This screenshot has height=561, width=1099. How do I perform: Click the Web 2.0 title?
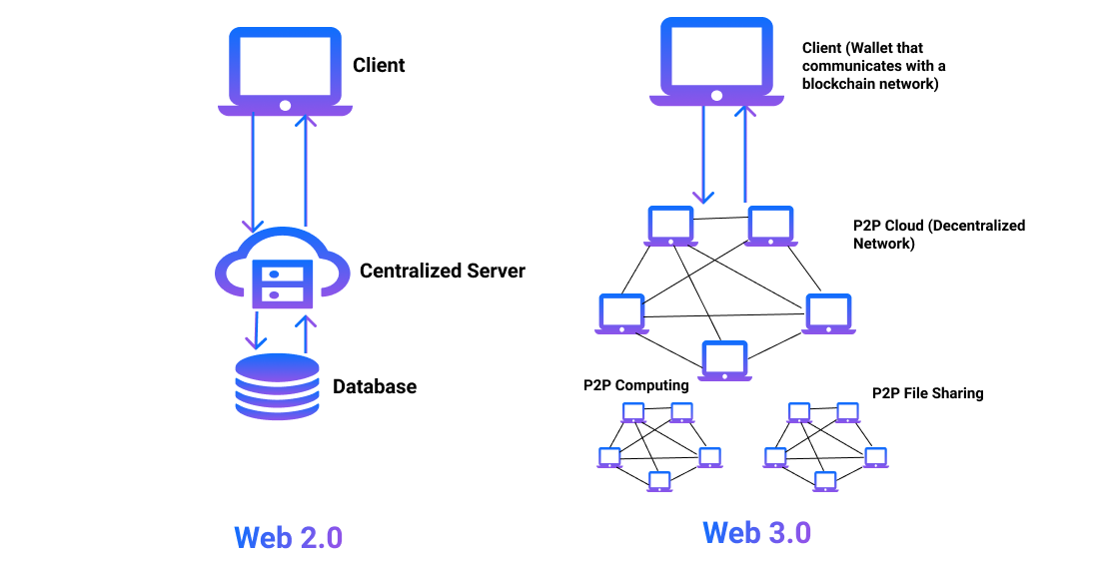pos(288,536)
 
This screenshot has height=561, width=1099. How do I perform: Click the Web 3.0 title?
pos(756,532)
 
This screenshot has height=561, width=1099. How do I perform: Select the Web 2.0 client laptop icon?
pos(285,70)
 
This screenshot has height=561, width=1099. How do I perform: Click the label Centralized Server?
pos(442,271)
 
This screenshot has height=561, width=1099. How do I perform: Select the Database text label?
pos(374,386)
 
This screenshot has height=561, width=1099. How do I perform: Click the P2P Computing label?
pos(636,385)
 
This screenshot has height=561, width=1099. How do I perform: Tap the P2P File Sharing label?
pos(927,393)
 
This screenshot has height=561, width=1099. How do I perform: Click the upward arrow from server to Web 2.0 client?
pos(306,170)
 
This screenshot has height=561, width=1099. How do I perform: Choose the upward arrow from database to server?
pos(307,332)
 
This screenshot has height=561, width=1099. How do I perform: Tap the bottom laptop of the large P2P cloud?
pos(725,360)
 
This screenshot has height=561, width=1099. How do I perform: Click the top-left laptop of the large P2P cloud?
pos(670,227)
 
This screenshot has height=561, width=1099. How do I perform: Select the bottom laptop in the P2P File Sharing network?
pos(825,481)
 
